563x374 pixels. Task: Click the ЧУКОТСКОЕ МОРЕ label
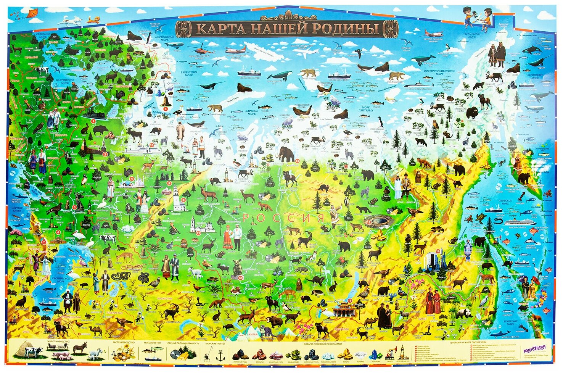point(472,35)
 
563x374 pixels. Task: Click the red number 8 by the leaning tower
point(184,199)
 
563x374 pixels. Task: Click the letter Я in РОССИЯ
point(320,218)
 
